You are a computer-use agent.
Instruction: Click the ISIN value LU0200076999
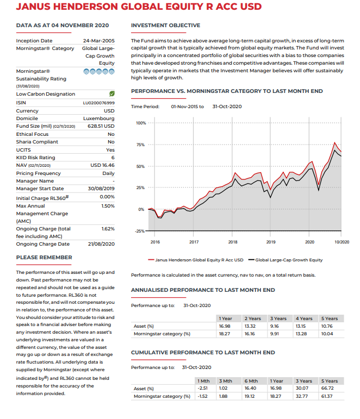pyautogui.click(x=98, y=102)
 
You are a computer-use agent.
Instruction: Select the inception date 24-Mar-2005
pyautogui.click(x=98, y=41)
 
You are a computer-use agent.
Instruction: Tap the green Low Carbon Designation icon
pyautogui.click(x=111, y=94)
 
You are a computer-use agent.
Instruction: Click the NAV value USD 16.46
pyautogui.click(x=102, y=165)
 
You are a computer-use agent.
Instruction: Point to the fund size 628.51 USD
pyautogui.click(x=100, y=126)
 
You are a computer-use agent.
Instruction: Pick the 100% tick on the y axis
pyautogui.click(x=140, y=124)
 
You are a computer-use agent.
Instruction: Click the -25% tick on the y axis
pyautogui.click(x=140, y=231)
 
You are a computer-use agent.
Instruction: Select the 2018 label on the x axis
pyautogui.click(x=233, y=241)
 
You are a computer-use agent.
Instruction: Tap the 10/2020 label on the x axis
pyautogui.click(x=342, y=241)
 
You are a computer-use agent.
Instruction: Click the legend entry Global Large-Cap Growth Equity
pyautogui.click(x=288, y=260)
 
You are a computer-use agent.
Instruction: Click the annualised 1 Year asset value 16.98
pyautogui.click(x=225, y=326)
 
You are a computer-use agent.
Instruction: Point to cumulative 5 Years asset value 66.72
pyautogui.click(x=328, y=389)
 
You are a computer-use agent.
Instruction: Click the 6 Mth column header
pyautogui.click(x=251, y=381)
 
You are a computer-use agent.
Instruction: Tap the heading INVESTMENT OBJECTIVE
pyautogui.click(x=165, y=26)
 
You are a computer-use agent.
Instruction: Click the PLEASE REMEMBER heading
pyautogui.click(x=44, y=257)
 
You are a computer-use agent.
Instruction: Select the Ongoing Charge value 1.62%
pyautogui.click(x=108, y=229)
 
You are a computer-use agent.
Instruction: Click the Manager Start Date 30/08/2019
pyautogui.click(x=101, y=189)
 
